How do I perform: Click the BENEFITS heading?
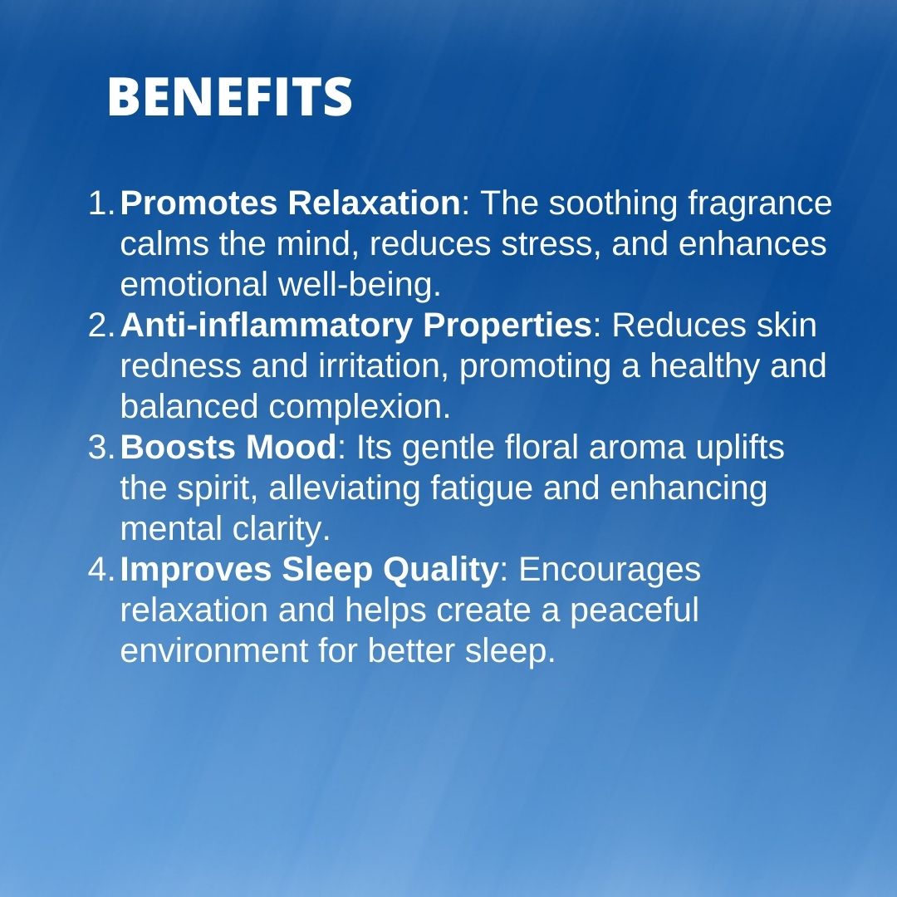point(229,96)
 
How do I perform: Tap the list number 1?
point(102,203)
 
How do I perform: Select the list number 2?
point(102,325)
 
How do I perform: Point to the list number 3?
point(102,447)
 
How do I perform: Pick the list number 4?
point(102,569)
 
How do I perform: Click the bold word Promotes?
point(199,203)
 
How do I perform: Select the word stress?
point(550,244)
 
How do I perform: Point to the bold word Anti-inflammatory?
point(266,326)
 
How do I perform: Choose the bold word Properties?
point(507,326)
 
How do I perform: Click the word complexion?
point(360,408)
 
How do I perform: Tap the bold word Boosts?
point(178,448)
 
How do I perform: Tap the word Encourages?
point(610,571)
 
